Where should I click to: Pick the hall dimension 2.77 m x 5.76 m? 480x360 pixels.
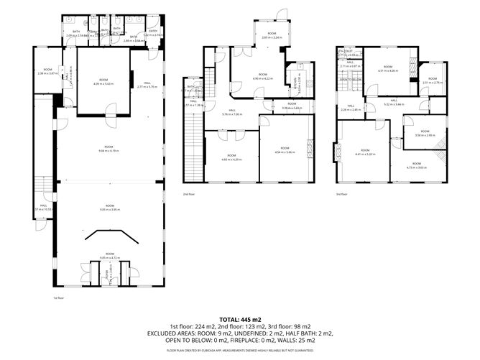pos(147,87)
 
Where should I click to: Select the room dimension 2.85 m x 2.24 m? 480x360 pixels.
pos(272,37)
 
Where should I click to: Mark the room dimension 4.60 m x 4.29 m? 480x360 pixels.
pos(231,158)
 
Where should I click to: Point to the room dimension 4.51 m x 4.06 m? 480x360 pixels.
pos(388,71)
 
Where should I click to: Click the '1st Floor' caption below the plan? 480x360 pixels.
pos(59,297)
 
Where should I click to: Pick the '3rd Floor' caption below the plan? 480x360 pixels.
pos(341,193)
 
